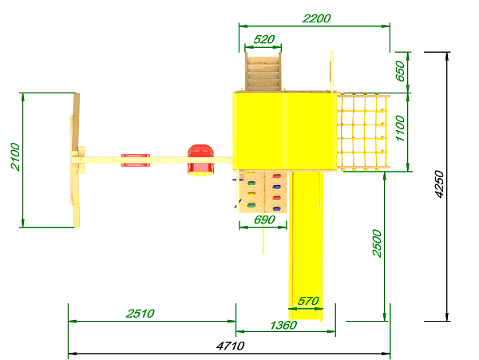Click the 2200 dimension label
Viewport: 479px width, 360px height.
[x=316, y=18]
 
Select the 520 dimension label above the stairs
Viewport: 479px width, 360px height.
[x=264, y=39]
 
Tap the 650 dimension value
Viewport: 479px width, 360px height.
[x=400, y=71]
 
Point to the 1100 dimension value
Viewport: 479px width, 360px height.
[x=400, y=129]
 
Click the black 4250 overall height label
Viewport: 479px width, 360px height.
[x=439, y=184]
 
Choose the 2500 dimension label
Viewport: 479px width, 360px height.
[x=378, y=243]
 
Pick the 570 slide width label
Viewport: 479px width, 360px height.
[x=308, y=302]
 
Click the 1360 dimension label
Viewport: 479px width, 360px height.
[x=283, y=325]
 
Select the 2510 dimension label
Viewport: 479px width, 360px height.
[x=141, y=314]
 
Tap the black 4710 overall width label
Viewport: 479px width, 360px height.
[x=231, y=346]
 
